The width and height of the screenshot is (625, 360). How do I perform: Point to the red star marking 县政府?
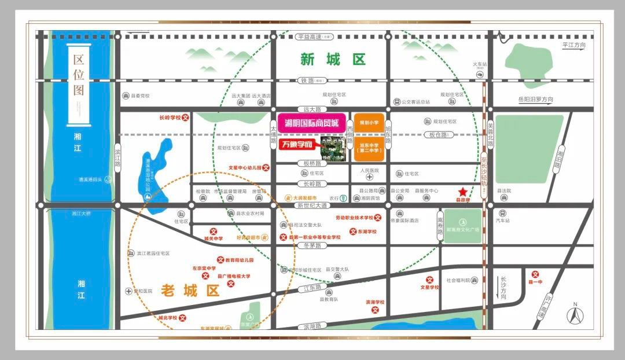tap(462, 192)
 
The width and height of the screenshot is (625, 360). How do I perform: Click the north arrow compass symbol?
tap(575, 315)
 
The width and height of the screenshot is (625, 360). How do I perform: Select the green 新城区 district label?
tap(333, 60)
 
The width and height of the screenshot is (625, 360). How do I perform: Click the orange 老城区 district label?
tap(190, 290)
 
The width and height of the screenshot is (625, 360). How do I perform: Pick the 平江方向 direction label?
tap(573, 45)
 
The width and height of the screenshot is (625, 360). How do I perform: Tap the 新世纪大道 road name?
tap(312, 205)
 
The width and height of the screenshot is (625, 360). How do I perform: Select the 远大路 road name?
tap(311, 109)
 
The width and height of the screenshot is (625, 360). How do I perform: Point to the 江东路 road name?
tap(312, 287)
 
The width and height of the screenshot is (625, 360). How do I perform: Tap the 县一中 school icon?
tap(536, 275)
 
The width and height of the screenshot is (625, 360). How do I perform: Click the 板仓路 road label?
tap(437, 135)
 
